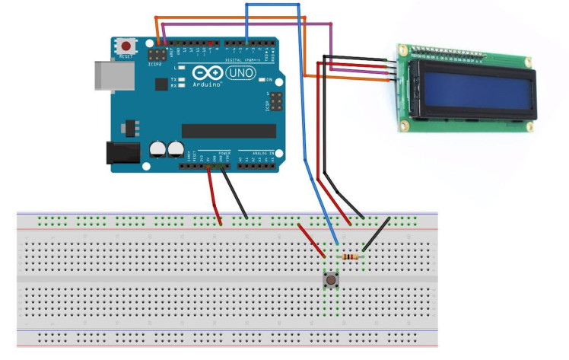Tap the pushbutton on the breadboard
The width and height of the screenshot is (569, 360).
(x=332, y=282)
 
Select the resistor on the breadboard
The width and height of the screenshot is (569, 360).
(x=350, y=256)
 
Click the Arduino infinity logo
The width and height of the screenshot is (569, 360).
(x=205, y=73)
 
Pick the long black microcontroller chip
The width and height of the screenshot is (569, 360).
(x=221, y=131)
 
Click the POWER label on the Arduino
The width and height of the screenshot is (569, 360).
(x=224, y=153)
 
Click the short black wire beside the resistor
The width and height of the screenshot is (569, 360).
(x=377, y=233)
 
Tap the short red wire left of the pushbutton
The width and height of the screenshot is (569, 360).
(x=312, y=240)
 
